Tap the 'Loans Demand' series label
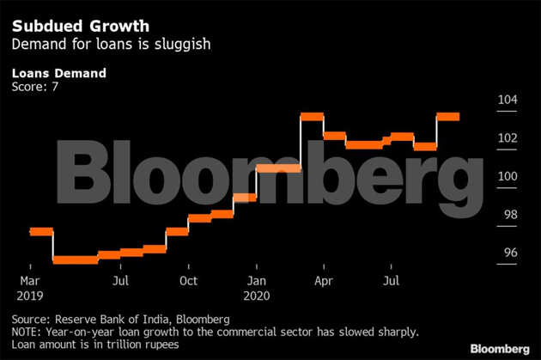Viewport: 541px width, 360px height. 58,73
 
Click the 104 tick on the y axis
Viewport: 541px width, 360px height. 508,100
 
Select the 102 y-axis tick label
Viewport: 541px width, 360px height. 508,138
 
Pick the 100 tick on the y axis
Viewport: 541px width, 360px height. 508,176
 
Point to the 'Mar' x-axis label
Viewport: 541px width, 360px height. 30,280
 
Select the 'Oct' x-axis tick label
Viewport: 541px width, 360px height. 188,280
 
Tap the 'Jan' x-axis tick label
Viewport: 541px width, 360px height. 255,280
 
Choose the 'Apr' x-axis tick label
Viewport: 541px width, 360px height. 324,280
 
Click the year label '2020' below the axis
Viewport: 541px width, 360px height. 258,294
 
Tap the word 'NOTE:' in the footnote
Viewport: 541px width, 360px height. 28,332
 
